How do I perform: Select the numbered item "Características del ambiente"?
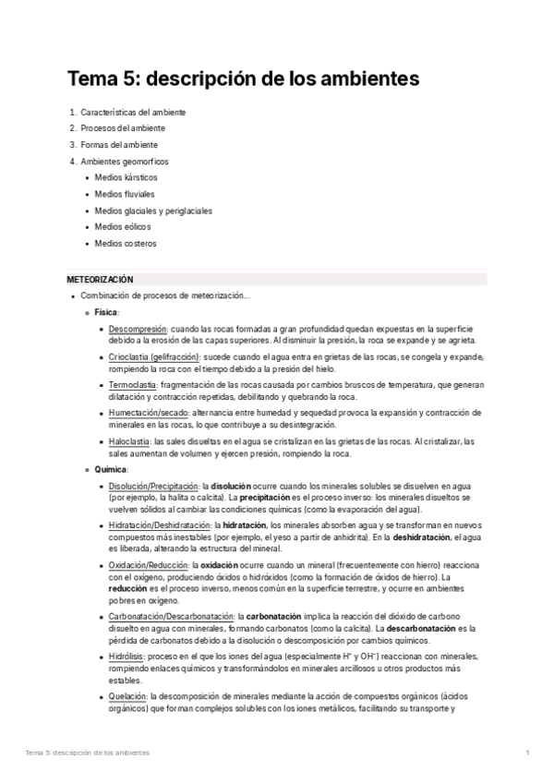[133, 112]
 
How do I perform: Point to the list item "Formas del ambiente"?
[119, 145]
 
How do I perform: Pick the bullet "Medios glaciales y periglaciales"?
[153, 211]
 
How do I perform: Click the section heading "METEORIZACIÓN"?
[101, 279]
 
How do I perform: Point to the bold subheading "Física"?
[106, 312]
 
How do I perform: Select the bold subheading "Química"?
[110, 469]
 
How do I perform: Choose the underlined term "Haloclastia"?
[130, 440]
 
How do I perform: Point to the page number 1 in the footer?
[527, 753]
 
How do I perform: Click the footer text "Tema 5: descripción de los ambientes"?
[88, 753]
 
